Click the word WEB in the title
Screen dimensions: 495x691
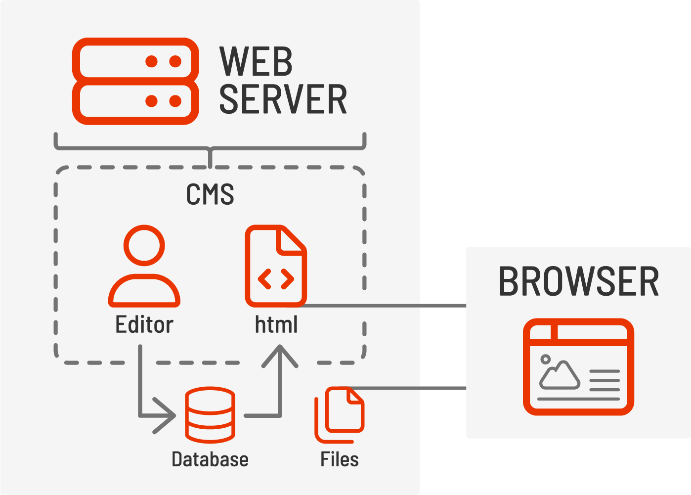(x=256, y=62)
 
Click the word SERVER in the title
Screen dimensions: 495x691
(x=283, y=99)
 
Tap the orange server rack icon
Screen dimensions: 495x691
(x=135, y=81)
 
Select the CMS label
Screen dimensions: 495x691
(x=210, y=194)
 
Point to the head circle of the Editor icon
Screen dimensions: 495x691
(x=144, y=246)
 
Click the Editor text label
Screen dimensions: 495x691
(x=144, y=325)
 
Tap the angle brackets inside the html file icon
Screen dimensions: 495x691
(x=276, y=279)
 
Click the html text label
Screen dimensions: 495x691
(x=276, y=325)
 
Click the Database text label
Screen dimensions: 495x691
(x=210, y=459)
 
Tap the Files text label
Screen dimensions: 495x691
(x=340, y=459)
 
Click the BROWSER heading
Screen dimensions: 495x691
(x=578, y=282)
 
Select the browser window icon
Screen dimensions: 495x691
(x=578, y=367)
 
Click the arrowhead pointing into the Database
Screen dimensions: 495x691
(x=166, y=415)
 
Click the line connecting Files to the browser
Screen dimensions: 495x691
(x=410, y=388)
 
